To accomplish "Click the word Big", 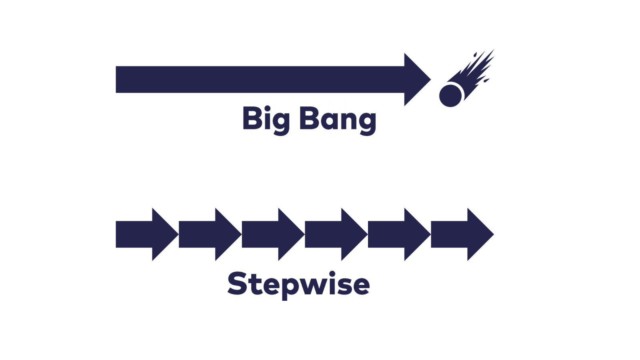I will tap(266, 119).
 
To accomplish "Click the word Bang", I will tap(338, 119).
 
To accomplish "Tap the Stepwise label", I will tap(298, 284).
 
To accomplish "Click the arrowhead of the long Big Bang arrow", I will tap(416, 80).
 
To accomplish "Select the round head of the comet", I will tap(451, 95).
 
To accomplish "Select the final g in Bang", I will tap(368, 122).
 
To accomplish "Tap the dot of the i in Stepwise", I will tap(332, 274).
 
